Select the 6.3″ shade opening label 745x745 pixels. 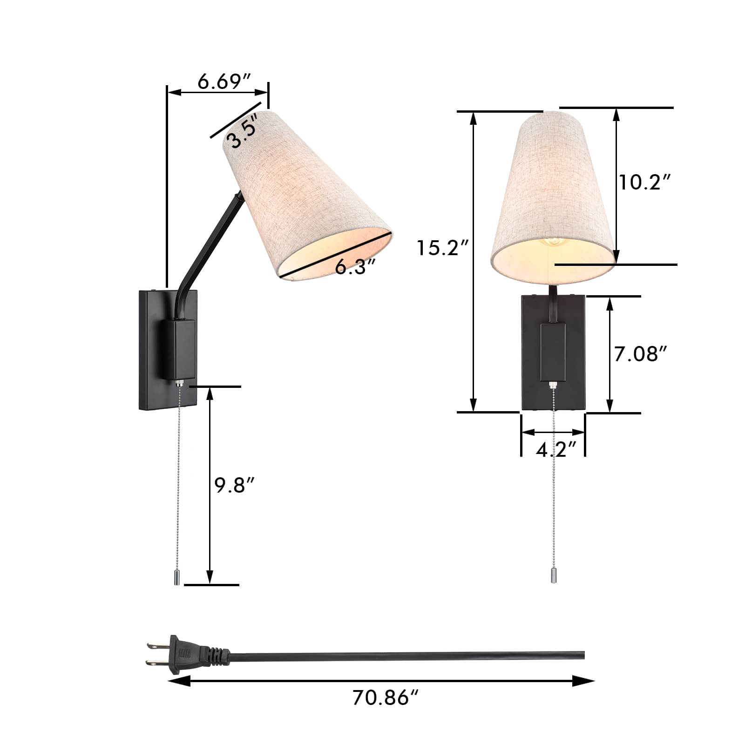click(355, 267)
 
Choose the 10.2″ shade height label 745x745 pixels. click(644, 182)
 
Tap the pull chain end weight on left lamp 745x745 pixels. click(177, 578)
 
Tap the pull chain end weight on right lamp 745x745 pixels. click(553, 576)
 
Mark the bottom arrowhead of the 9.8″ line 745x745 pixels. click(210, 578)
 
